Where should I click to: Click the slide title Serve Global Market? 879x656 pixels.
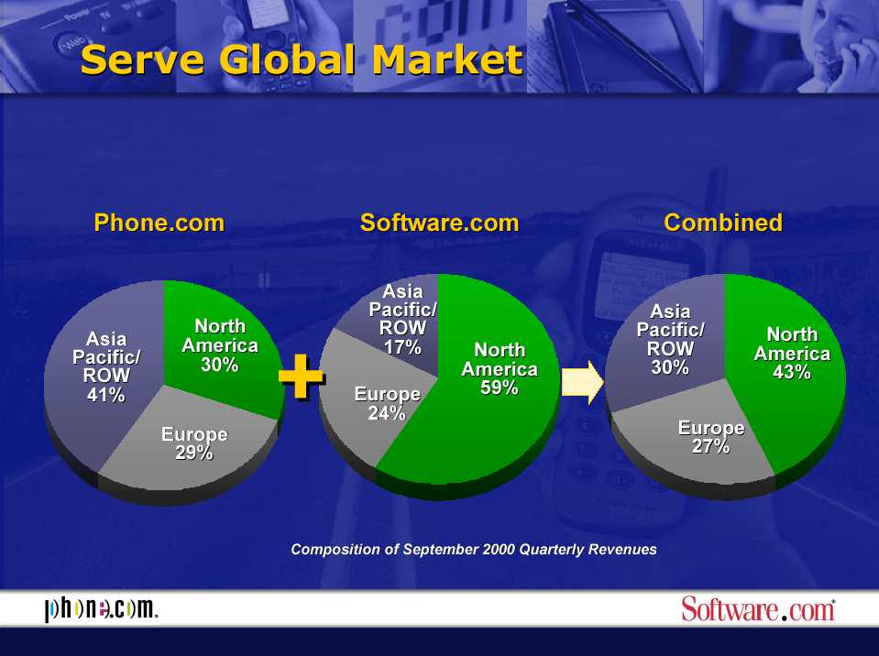302,60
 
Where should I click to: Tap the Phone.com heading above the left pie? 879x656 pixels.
159,223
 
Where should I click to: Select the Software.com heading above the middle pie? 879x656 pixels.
440,223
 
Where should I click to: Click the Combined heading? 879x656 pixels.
723,223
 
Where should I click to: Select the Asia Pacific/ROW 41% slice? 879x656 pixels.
104,370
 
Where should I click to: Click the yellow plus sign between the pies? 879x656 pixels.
302,377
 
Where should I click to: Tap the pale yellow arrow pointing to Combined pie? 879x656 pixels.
583,382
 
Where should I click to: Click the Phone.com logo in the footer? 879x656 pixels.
101,609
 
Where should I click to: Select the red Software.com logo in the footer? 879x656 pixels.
758,609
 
